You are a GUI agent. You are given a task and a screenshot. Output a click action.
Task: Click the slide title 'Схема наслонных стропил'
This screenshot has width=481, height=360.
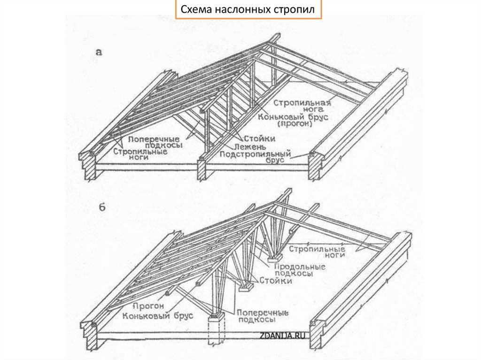[249, 9]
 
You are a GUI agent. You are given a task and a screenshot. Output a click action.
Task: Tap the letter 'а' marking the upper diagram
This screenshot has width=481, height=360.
[99, 52]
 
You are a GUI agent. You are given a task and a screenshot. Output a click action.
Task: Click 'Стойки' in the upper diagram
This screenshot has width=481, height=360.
[259, 138]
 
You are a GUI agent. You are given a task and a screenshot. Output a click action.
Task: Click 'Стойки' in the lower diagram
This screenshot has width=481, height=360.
[276, 281]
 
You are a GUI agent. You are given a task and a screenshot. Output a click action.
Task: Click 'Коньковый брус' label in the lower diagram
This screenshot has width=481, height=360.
[158, 316]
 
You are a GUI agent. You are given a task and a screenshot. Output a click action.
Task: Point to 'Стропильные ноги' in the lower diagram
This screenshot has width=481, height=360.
[317, 248]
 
